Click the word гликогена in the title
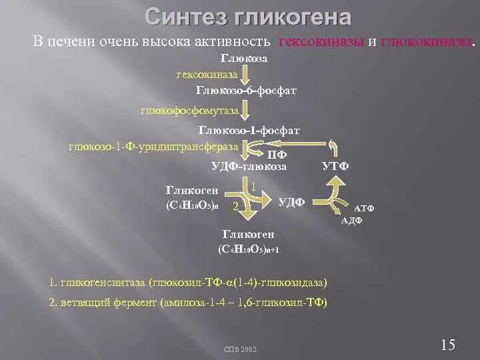[x=293, y=17]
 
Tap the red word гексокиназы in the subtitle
[x=321, y=42]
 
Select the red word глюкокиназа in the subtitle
[x=426, y=42]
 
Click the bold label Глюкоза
[x=244, y=59]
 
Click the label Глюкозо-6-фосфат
[x=246, y=89]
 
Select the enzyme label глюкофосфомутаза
[x=189, y=108]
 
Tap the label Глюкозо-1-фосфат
[x=249, y=131]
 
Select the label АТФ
[x=363, y=209]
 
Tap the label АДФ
[x=351, y=221]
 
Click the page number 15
[x=448, y=344]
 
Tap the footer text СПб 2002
[x=240, y=349]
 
